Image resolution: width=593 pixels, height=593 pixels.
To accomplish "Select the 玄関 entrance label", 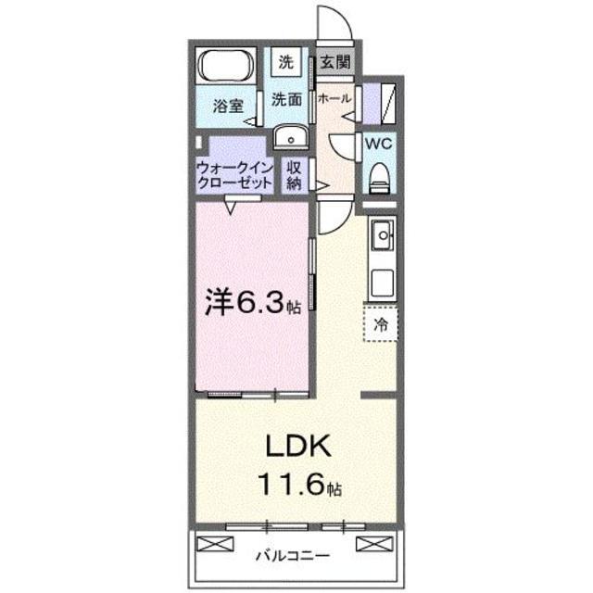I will click(x=334, y=63).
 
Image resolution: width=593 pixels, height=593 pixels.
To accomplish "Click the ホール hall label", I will click(x=334, y=96).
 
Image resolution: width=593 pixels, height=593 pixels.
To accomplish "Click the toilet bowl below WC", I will click(x=379, y=177).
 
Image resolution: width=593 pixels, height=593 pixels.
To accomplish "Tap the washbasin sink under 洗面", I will click(x=291, y=137).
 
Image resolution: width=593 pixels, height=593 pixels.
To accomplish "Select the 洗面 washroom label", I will click(x=286, y=100).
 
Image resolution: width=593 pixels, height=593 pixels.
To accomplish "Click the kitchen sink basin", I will click(x=380, y=239).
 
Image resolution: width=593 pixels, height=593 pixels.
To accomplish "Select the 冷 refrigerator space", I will click(x=381, y=324).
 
